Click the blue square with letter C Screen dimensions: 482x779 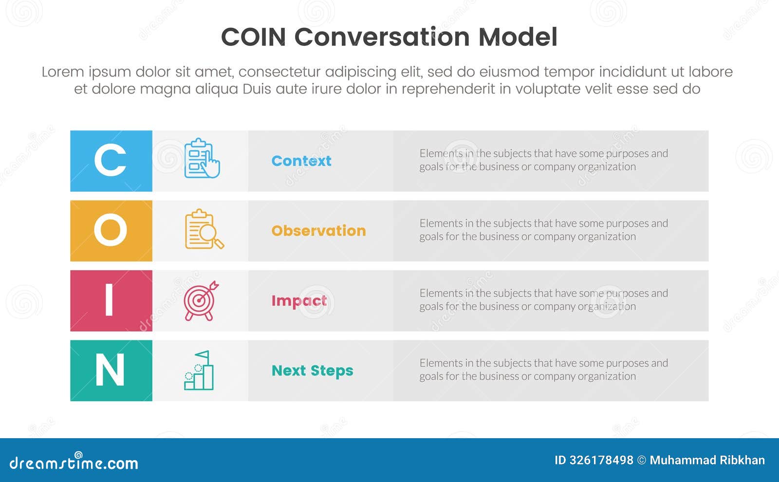111,161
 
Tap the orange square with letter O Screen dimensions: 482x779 111,231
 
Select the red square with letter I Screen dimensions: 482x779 111,300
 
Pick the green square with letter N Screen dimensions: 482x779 111,371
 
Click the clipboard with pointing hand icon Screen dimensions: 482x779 202,159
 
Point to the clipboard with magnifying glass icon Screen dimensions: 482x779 204,229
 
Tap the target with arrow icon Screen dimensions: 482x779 201,300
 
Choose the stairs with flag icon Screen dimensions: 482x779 199,371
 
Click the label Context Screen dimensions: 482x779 301,161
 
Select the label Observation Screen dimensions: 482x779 318,231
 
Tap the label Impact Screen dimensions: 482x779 299,301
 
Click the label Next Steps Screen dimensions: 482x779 312,371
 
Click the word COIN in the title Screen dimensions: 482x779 253,37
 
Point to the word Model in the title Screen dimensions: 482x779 518,37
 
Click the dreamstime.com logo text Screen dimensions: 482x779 74,463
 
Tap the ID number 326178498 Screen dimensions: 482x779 601,460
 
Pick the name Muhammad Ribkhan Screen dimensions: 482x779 707,460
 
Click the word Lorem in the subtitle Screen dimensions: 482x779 63,72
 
